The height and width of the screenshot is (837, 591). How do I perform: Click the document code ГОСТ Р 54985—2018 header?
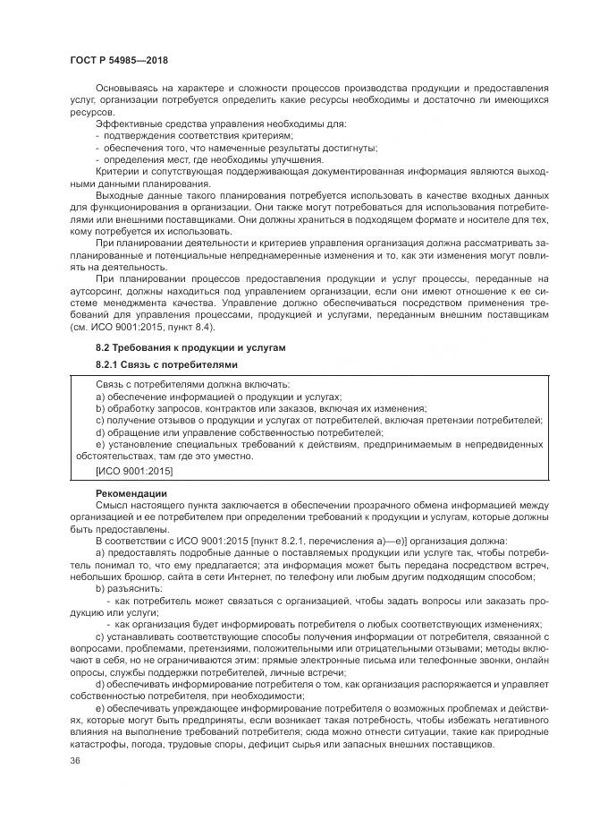point(119,60)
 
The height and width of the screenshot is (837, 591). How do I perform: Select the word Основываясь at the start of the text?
point(126,88)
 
